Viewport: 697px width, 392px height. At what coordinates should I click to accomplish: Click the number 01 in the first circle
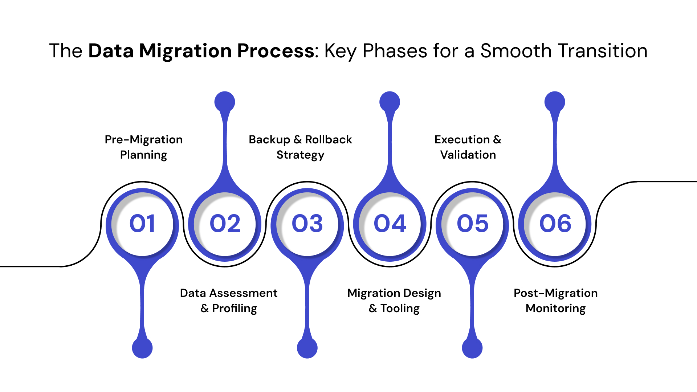(142, 223)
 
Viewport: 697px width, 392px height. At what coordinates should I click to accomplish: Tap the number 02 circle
(225, 223)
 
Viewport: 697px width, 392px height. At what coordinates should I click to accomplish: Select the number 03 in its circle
(307, 223)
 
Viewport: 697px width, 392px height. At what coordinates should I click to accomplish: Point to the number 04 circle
(390, 223)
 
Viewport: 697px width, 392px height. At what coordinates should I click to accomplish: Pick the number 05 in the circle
(472, 223)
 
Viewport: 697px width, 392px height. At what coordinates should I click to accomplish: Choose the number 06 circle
(555, 223)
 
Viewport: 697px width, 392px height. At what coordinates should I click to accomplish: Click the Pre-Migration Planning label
(144, 147)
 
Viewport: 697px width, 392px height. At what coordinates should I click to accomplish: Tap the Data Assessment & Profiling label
(229, 301)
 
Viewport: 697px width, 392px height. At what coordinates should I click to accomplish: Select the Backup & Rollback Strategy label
(300, 147)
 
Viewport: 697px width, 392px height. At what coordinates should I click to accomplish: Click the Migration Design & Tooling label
(394, 301)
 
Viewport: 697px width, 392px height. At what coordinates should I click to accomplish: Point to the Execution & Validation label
(468, 147)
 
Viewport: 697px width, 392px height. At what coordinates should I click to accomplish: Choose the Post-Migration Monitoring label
(555, 301)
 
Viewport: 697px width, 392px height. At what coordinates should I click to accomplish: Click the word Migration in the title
(185, 51)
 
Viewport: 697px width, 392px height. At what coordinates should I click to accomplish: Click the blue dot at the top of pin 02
(225, 102)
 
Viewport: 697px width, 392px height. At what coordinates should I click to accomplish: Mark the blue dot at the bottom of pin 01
(142, 348)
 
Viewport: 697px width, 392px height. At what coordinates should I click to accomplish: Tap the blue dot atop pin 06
(555, 102)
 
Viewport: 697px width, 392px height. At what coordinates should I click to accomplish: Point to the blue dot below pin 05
(472, 348)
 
